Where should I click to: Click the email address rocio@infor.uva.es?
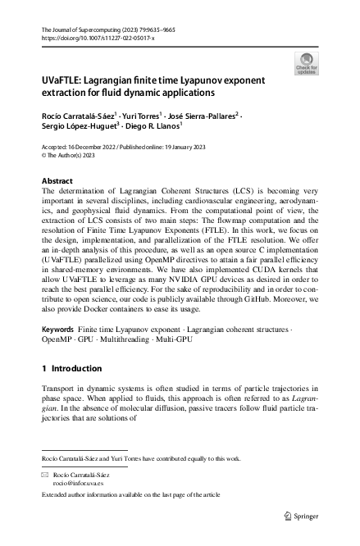pos(77,484)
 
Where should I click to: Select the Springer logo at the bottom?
pos(300,516)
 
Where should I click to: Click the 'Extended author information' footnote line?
pos(130,496)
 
